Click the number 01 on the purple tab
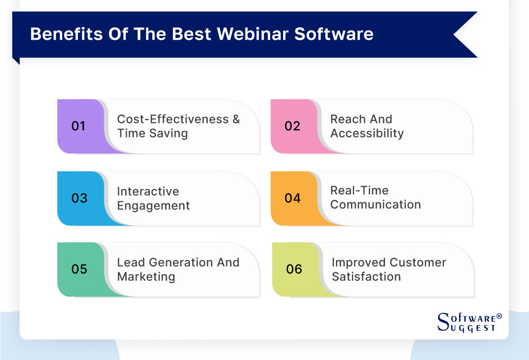pyautogui.click(x=78, y=126)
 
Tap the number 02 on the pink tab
pyautogui.click(x=292, y=126)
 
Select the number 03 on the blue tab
pyautogui.click(x=79, y=198)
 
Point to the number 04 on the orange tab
pyautogui.click(x=292, y=198)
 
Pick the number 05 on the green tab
pyautogui.click(x=79, y=269)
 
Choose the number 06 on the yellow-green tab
pyautogui.click(x=294, y=269)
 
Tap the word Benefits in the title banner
pyautogui.click(x=61, y=34)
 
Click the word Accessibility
pyautogui.click(x=367, y=133)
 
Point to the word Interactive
pyautogui.click(x=148, y=192)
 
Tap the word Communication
pyautogui.click(x=375, y=205)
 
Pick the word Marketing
pyautogui.click(x=146, y=276)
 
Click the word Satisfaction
pyautogui.click(x=366, y=276)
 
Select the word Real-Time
pyautogui.click(x=359, y=191)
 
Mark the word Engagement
pyautogui.click(x=153, y=206)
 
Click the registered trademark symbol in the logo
pyautogui.click(x=499, y=316)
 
